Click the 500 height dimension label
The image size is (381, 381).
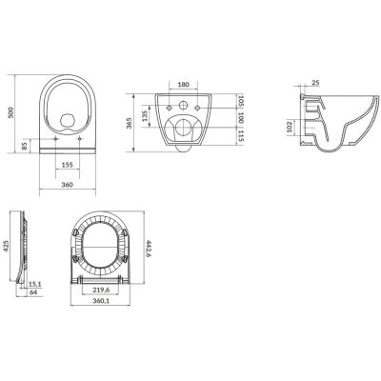point(11,112)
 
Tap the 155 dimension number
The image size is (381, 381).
point(68,165)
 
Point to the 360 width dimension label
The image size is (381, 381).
point(68,185)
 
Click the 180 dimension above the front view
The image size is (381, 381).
point(183,85)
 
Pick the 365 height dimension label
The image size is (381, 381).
point(129,123)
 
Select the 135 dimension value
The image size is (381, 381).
point(144,116)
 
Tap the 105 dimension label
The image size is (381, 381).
point(240,101)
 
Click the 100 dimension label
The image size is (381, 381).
point(240,118)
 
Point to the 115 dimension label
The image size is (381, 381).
point(240,136)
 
